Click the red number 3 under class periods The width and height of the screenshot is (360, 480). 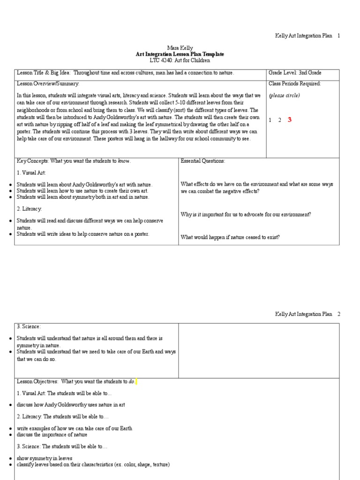tap(290, 120)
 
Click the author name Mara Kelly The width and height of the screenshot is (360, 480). tap(177, 48)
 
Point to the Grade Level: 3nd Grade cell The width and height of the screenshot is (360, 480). tap(295, 73)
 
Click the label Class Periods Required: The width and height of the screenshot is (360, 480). tap(294, 83)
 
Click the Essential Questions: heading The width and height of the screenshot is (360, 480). tap(202, 161)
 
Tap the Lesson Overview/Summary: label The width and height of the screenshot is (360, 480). tap(48, 83)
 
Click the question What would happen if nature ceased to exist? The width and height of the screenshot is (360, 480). tap(230, 237)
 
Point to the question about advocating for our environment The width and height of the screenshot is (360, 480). tap(246, 214)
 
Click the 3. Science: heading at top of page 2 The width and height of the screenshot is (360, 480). tap(29, 326)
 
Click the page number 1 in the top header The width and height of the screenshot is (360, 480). tap(338, 36)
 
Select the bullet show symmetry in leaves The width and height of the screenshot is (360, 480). tap(45, 458)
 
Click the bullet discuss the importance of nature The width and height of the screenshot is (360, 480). tap(52, 435)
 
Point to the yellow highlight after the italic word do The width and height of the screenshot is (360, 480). tap(136, 382)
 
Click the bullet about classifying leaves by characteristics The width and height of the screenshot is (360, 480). tap(93, 465)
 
